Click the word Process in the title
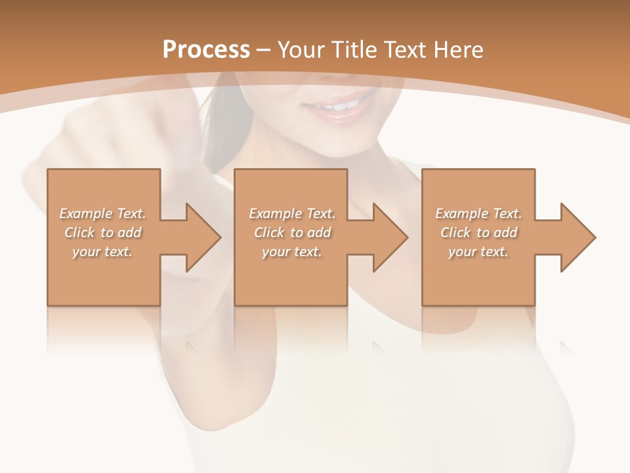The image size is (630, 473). click(x=206, y=50)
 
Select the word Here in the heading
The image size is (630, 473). click(x=458, y=50)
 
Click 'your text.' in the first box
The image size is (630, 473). click(x=102, y=252)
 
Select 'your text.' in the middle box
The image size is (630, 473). click(x=291, y=252)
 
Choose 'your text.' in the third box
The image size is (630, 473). click(x=478, y=252)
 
